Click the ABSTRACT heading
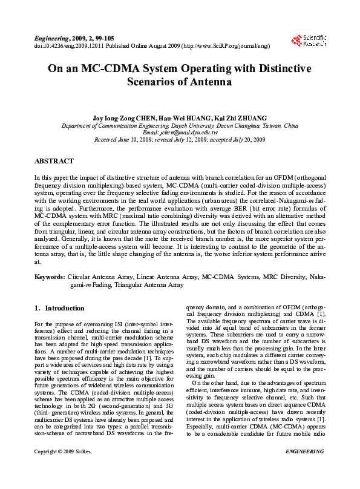tap(54, 161)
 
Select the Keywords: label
tap(49, 276)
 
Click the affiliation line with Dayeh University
tap(180, 126)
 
